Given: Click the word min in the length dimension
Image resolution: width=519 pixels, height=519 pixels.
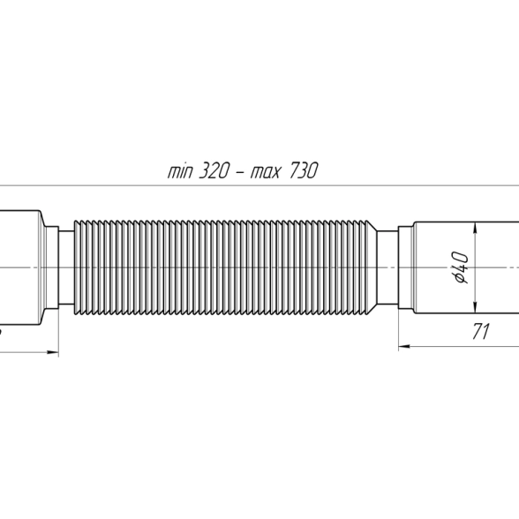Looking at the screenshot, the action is (180, 172).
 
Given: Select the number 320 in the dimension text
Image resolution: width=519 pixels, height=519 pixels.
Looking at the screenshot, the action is (214, 171).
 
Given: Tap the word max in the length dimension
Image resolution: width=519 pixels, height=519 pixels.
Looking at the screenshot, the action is (266, 172).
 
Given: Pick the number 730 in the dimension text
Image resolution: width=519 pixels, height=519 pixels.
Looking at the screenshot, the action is (304, 171).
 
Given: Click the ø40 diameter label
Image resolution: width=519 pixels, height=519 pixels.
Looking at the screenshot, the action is (461, 267).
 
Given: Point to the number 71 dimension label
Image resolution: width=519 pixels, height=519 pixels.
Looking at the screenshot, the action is (480, 332).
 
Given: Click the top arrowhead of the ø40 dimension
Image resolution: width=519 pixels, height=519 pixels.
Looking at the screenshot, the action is (475, 228).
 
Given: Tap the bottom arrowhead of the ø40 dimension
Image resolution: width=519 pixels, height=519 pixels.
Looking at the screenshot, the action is (475, 307).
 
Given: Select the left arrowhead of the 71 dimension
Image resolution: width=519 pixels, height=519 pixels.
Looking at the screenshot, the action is (404, 347).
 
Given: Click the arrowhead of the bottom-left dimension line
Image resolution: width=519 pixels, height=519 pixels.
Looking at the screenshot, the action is (53, 352).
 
